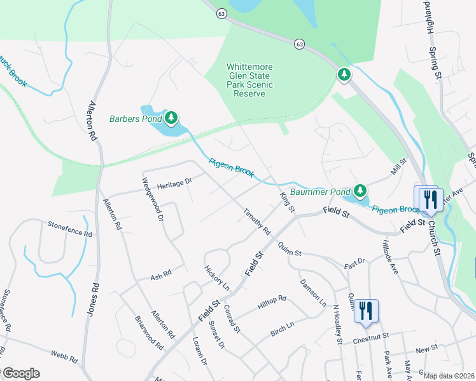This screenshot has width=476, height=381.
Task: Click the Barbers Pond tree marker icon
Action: pyautogui.click(x=171, y=117)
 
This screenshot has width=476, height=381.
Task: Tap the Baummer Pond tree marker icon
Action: pyautogui.click(x=360, y=190)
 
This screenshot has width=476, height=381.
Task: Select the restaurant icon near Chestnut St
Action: pyautogui.click(x=366, y=311)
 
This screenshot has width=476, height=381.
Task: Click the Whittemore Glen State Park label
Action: pyautogui.click(x=250, y=81)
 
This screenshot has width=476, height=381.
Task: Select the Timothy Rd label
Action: pyautogui.click(x=256, y=221)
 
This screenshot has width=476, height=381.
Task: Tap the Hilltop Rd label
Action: pyautogui.click(x=272, y=302)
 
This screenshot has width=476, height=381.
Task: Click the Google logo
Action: pyautogui.click(x=21, y=373)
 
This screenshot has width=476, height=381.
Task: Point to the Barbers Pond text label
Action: pyautogui.click(x=134, y=119)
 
